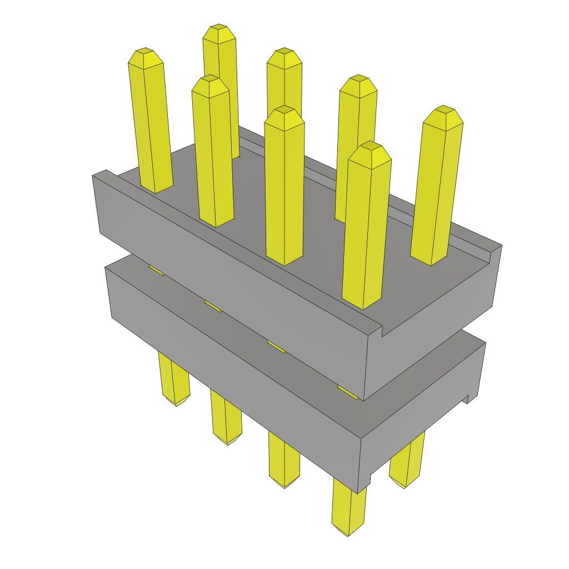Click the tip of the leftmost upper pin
tap(146, 53)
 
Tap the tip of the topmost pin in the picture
tap(218, 29)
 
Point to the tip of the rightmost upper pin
tap(443, 111)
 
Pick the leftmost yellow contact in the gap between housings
tap(156, 270)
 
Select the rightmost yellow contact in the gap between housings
tap(348, 392)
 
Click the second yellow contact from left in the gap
tap(213, 306)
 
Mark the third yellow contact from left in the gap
tap(276, 347)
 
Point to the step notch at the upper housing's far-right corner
tap(491, 253)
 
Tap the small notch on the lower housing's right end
tap(467, 398)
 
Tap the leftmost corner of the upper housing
tap(93, 176)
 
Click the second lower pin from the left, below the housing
tap(226, 417)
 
